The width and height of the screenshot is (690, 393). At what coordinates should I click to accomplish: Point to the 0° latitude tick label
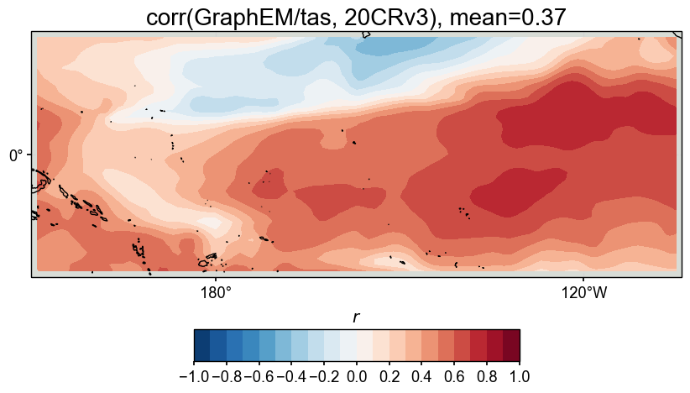point(17,155)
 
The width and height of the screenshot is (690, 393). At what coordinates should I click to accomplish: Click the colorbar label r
point(356,317)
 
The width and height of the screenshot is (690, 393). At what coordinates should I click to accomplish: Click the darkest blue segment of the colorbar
point(201,345)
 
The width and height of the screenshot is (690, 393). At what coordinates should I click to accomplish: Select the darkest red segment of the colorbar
point(511,345)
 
